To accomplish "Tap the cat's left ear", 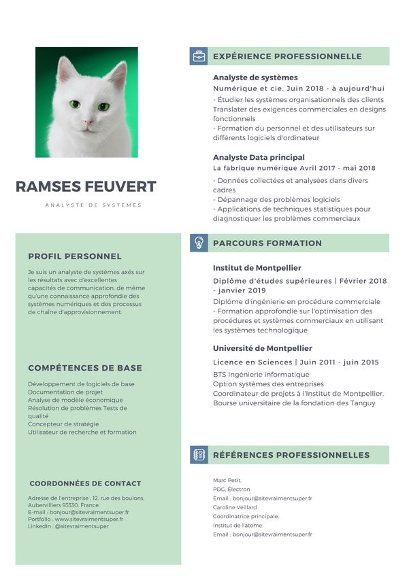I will pos(65,70).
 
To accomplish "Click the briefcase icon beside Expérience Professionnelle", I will pos(198,56).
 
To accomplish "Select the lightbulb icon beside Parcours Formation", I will pos(198,243).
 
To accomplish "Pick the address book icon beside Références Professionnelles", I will pos(198,455).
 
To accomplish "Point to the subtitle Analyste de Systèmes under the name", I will pos(93,205).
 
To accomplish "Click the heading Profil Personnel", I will pos(75,256).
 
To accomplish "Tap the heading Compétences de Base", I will pos(85,368).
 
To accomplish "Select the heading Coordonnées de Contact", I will pos(86,483).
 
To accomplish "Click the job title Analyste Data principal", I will pos(259,157).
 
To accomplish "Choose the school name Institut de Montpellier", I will pos(257,268).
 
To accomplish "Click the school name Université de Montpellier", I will pos(262,348).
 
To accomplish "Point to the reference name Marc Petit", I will pos(227,480).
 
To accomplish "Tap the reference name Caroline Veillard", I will pos(235,507).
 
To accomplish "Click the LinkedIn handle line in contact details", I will pos(68,526).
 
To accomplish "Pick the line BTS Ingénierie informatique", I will pos(261,374).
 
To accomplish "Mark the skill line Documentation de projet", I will pos(65,392).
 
